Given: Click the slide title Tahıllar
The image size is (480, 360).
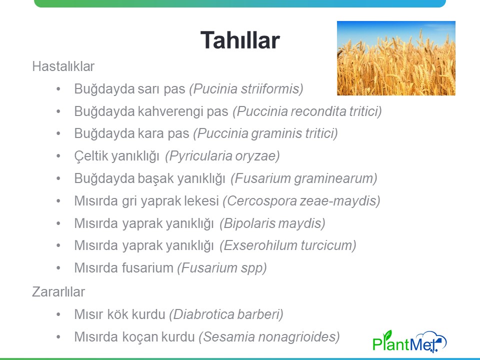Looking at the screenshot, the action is [240, 40].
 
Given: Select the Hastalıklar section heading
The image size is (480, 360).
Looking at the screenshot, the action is [63, 66].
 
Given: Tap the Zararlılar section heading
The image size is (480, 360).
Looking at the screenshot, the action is [58, 291].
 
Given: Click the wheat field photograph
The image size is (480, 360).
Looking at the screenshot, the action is [396, 58].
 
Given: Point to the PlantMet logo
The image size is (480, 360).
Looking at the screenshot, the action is [409, 341].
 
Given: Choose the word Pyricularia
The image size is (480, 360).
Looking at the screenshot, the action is [198, 156].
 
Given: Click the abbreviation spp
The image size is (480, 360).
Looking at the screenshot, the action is [254, 268].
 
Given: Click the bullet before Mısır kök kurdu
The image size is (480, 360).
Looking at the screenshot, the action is [58, 314].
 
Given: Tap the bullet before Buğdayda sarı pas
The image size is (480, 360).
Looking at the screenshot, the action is [58, 89].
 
